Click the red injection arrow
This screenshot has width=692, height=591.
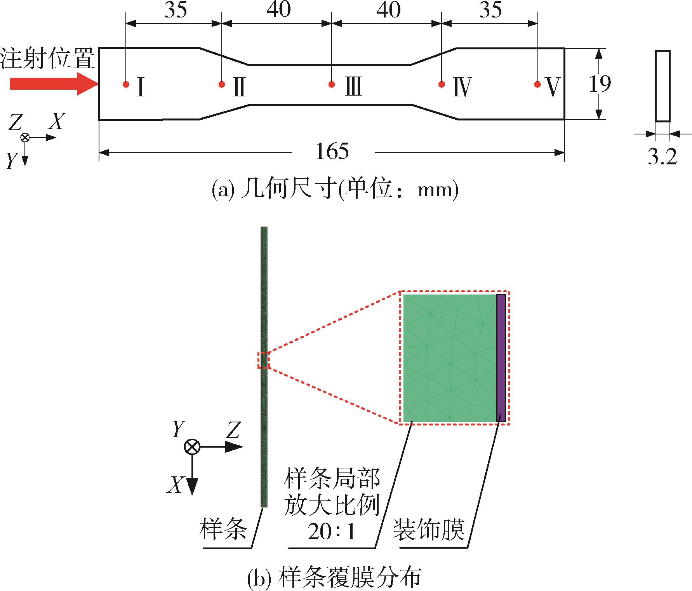pos(54,84)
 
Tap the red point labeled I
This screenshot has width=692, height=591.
pos(126,84)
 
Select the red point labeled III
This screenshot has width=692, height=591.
pos(332,84)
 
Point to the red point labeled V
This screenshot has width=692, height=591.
pos(537,84)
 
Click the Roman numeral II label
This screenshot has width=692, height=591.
pos(239,87)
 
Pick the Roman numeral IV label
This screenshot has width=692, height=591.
pos(461,87)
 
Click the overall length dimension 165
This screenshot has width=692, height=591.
pos(332,151)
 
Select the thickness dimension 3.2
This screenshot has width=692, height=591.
pos(662,157)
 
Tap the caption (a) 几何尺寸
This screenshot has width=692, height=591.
pos(335,190)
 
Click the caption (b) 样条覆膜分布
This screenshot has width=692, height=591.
pos(334,578)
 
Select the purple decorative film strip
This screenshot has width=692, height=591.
pos(501,358)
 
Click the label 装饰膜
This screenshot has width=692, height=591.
pos(429,530)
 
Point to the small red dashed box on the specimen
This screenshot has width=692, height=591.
pos(263,360)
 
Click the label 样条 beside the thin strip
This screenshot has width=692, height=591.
pos(223,530)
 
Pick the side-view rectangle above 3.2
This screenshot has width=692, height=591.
pos(662,86)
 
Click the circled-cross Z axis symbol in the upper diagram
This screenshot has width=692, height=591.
pos(25,137)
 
